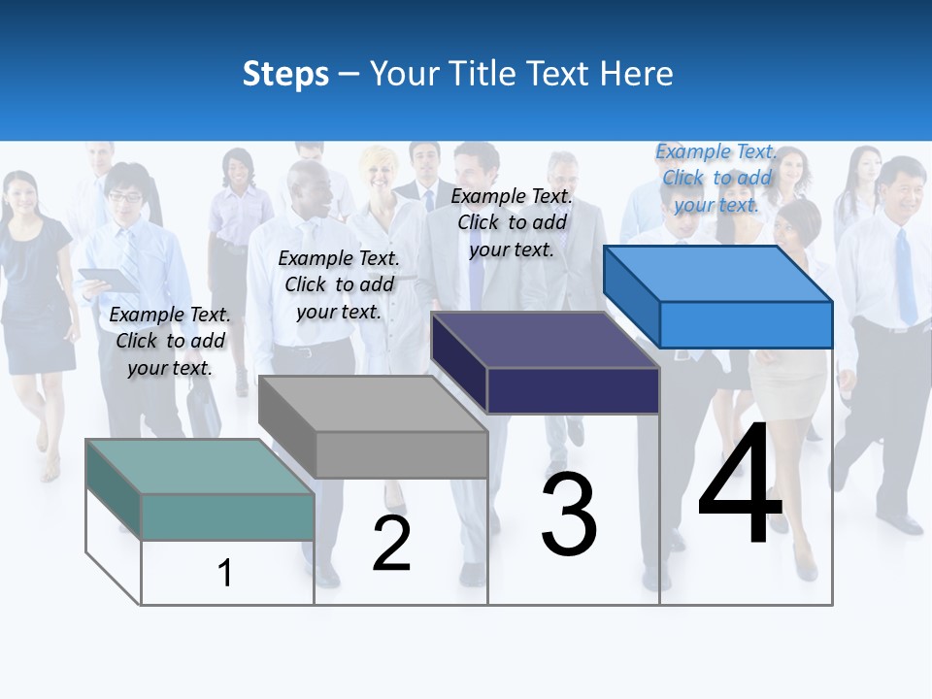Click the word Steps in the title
point(285,74)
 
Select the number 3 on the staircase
point(569,515)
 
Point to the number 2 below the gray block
point(391,544)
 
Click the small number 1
point(224,573)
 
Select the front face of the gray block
point(402,454)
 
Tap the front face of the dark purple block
point(573,390)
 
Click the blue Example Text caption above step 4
point(716,178)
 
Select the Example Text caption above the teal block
point(170,341)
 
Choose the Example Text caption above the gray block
point(339,284)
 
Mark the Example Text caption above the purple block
point(512,222)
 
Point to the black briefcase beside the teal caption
point(205,408)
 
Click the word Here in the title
point(637,74)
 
